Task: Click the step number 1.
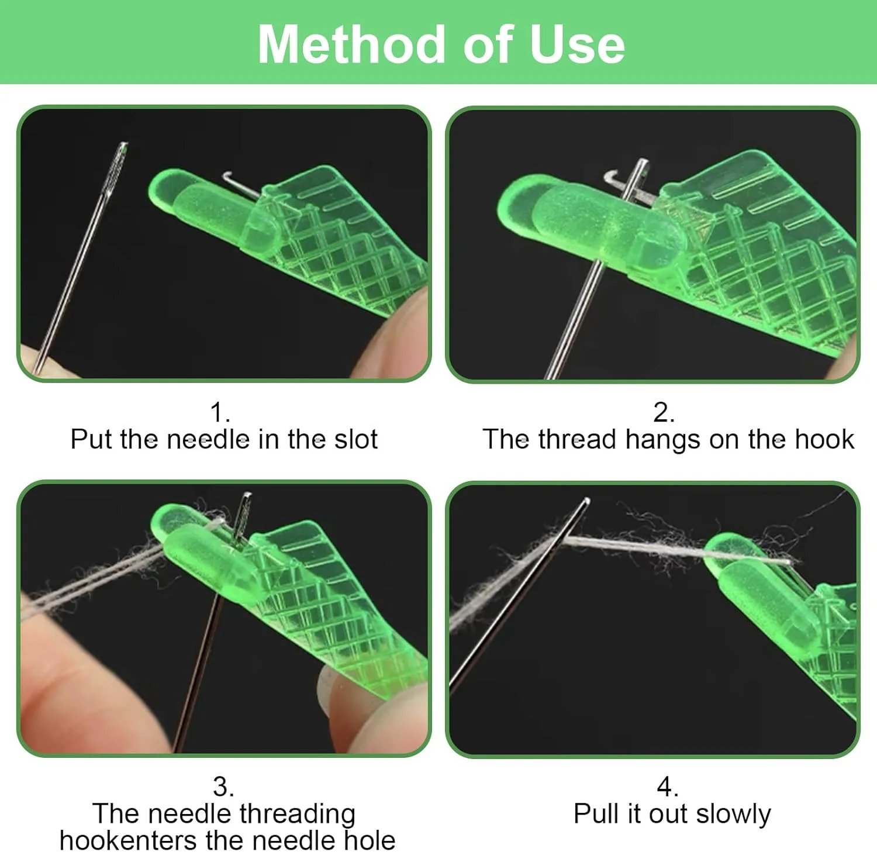(220, 413)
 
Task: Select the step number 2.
(664, 413)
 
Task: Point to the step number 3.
(223, 787)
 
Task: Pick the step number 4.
(668, 787)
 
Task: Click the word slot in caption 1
(355, 439)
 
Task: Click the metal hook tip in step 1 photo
(226, 175)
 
